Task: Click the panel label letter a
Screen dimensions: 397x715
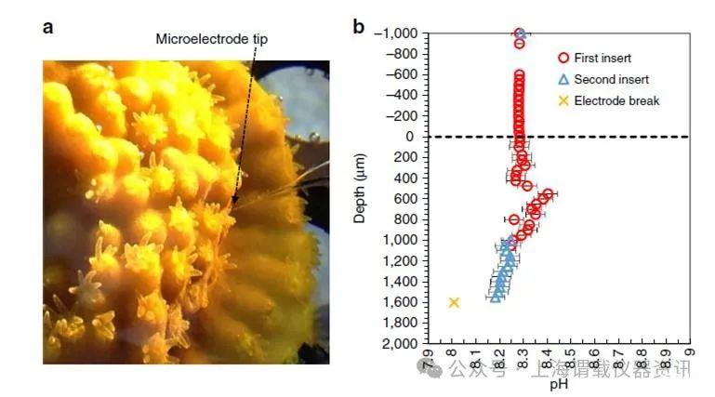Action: pyautogui.click(x=48, y=26)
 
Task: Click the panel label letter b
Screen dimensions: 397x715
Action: pyautogui.click(x=358, y=26)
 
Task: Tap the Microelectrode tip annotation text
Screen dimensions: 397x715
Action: pyautogui.click(x=211, y=38)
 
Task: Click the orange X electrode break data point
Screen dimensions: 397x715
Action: pyautogui.click(x=454, y=302)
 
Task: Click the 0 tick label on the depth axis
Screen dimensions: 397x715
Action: pyautogui.click(x=412, y=137)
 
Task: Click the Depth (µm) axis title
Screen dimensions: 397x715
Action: pyautogui.click(x=361, y=189)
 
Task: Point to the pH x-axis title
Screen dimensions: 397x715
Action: pyautogui.click(x=558, y=382)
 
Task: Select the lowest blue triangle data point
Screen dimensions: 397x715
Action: pyautogui.click(x=497, y=296)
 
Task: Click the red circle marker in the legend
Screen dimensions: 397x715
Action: pyautogui.click(x=563, y=59)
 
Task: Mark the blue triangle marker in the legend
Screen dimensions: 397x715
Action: pyautogui.click(x=563, y=79)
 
